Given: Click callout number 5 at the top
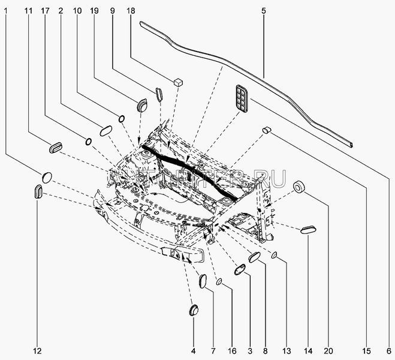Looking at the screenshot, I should click(264, 11).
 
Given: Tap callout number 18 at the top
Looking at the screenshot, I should click(131, 11).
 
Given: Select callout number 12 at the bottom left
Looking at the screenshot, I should click(37, 351).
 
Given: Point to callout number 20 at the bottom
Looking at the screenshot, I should click(328, 351).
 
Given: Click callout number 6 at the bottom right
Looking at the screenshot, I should click(390, 351).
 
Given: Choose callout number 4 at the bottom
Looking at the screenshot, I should click(193, 351).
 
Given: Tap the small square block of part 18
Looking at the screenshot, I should click(178, 81).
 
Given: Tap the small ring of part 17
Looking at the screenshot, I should click(88, 142).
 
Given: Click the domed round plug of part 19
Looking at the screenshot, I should click(142, 105).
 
